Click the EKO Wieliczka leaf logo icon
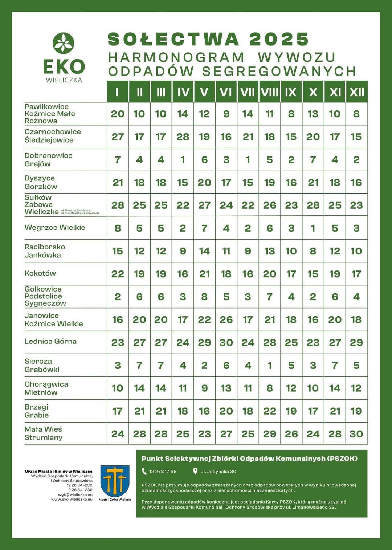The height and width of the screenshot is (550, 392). [x=64, y=43]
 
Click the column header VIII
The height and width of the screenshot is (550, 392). [x=270, y=92]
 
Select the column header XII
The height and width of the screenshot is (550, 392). [x=357, y=92]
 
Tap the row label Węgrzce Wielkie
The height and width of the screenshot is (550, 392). [x=55, y=228]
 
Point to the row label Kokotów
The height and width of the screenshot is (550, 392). [x=40, y=273]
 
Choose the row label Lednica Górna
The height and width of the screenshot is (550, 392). [x=50, y=341]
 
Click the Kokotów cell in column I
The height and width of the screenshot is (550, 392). [x=118, y=274]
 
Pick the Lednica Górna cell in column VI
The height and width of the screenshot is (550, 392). [x=226, y=342]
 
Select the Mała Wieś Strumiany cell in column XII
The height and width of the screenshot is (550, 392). [x=356, y=434]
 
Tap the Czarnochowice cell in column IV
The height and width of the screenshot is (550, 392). [x=183, y=137]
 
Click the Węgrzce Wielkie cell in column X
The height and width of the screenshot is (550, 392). [x=313, y=228]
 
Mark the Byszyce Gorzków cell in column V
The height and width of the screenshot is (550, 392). [x=204, y=183]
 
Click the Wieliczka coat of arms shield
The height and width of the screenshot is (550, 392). [x=115, y=481]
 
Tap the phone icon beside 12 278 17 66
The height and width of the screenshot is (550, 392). [x=144, y=472]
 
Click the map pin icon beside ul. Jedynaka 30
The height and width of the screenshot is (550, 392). [x=195, y=472]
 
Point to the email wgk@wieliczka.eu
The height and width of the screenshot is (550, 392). [x=75, y=494]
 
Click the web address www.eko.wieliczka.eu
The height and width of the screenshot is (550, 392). [x=72, y=499]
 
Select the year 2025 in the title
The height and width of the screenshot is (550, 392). [x=279, y=39]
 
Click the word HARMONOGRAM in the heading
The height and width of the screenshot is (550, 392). [x=176, y=57]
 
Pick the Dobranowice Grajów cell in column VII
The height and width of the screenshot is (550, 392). [x=248, y=160]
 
